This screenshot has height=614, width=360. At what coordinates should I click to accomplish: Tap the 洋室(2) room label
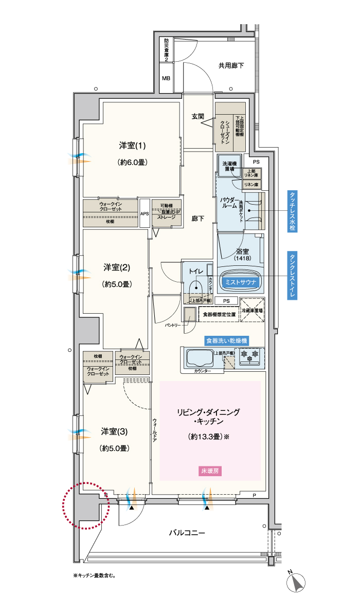click(x=116, y=267)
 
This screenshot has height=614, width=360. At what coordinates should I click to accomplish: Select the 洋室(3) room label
click(x=114, y=431)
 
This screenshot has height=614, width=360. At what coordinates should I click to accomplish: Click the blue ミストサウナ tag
click(x=241, y=282)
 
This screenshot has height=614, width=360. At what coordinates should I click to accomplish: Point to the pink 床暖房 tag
click(x=210, y=471)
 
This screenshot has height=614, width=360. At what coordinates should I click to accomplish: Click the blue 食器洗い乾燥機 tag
click(x=226, y=340)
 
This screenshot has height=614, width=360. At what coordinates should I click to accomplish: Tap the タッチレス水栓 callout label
click(x=292, y=212)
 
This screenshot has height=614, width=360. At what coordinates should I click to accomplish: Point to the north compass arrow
click(x=297, y=582)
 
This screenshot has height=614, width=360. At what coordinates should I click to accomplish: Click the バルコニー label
click(x=187, y=533)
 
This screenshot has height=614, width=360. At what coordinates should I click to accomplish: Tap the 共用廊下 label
click(x=231, y=65)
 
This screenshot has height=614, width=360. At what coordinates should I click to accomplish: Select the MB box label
click(x=166, y=79)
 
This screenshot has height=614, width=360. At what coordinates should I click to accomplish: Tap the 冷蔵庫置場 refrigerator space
click(x=253, y=311)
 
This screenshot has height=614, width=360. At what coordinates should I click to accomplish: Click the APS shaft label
click(x=145, y=213)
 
